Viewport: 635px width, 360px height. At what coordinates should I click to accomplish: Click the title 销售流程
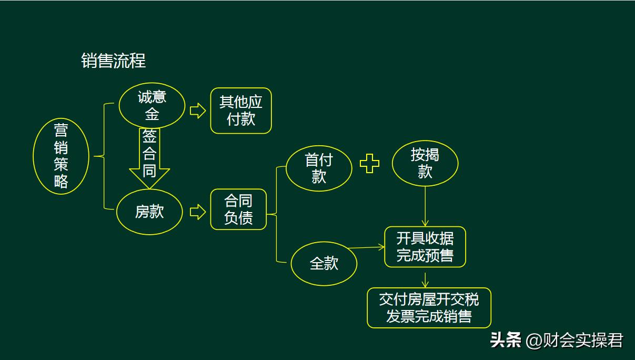pyautogui.click(x=113, y=61)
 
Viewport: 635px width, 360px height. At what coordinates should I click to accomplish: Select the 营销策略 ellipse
pyautogui.click(x=61, y=156)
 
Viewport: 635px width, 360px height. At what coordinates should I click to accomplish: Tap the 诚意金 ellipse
pyautogui.click(x=152, y=106)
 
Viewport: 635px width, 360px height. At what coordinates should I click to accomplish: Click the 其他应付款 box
pyautogui.click(x=241, y=111)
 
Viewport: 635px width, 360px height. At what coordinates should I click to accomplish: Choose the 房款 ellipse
pyautogui.click(x=149, y=212)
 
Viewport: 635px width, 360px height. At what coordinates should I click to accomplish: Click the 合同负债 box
pyautogui.click(x=238, y=209)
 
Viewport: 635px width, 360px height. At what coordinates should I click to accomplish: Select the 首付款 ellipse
pyautogui.click(x=319, y=168)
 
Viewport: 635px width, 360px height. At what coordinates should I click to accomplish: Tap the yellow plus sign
pyautogui.click(x=369, y=164)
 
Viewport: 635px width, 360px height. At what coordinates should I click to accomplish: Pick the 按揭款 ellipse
pyautogui.click(x=425, y=163)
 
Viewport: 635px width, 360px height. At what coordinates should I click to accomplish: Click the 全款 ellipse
pyautogui.click(x=324, y=263)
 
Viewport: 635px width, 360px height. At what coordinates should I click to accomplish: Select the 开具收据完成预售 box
pyautogui.click(x=425, y=247)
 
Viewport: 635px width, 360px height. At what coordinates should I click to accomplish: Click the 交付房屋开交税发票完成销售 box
pyautogui.click(x=429, y=308)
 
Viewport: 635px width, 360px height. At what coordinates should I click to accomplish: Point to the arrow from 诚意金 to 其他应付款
pyautogui.click(x=197, y=111)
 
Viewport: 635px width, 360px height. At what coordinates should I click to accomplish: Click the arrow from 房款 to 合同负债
pyautogui.click(x=197, y=212)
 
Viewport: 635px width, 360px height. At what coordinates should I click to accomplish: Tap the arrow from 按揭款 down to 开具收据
pyautogui.click(x=425, y=206)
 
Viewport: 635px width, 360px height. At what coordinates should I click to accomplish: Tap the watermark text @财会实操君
pyautogui.click(x=574, y=341)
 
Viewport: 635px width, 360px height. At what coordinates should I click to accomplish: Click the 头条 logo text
pyautogui.click(x=506, y=340)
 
